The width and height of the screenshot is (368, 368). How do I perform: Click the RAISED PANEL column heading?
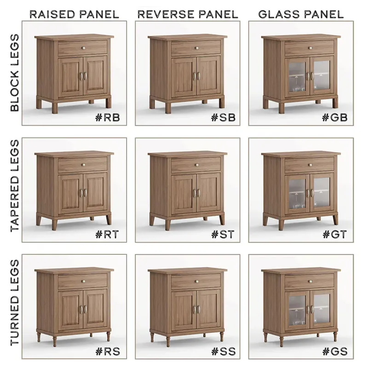(x=74, y=14)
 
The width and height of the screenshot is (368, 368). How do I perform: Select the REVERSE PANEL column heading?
(x=188, y=14)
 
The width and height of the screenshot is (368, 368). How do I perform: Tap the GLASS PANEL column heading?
(x=301, y=14)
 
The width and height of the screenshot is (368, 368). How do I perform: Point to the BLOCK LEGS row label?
(x=15, y=73)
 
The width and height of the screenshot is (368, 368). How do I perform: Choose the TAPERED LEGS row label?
(x=15, y=186)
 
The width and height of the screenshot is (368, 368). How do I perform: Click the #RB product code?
(x=108, y=118)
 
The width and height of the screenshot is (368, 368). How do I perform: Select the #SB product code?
(x=223, y=118)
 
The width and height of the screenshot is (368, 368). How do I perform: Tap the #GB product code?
(x=335, y=118)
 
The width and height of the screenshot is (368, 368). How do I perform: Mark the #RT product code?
(x=107, y=234)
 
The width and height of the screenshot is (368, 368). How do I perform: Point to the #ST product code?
(x=223, y=234)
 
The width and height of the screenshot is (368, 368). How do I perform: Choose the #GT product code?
(x=335, y=234)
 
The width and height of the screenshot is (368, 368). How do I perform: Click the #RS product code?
(x=108, y=351)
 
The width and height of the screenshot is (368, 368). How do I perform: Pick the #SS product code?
(x=223, y=351)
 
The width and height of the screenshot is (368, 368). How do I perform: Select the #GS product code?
(x=335, y=351)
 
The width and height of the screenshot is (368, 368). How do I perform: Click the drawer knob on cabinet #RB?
(x=83, y=48)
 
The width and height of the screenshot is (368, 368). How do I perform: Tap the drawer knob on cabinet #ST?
(x=196, y=165)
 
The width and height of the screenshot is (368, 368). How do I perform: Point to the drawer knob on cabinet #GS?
(x=310, y=282)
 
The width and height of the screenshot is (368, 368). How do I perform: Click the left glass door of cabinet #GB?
(x=297, y=77)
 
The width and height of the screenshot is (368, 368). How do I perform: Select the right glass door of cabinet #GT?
(x=322, y=193)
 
